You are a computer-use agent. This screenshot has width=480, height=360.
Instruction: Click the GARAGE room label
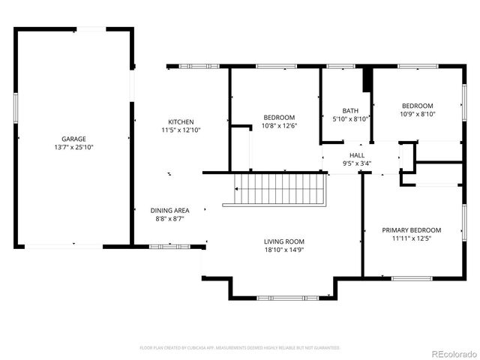73,139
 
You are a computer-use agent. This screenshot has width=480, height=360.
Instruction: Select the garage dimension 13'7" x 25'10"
73,148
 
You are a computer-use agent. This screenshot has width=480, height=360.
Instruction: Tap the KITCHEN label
181,121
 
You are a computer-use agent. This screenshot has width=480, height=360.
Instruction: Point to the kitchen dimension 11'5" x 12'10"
181,130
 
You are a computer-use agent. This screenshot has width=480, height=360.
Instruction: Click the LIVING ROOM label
283,241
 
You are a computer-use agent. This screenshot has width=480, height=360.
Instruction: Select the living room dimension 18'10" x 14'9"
283,250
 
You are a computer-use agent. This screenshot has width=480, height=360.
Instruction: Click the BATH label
350,110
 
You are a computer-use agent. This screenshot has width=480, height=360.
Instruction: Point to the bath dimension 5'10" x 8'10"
350,119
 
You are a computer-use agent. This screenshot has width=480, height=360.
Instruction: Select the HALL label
357,154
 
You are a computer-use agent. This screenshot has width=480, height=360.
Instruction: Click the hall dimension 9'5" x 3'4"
357,163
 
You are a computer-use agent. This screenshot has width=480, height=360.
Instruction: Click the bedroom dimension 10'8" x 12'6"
279,126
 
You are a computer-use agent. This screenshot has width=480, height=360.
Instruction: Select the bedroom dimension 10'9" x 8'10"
418,115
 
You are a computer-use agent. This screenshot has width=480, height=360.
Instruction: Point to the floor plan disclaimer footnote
240,348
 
